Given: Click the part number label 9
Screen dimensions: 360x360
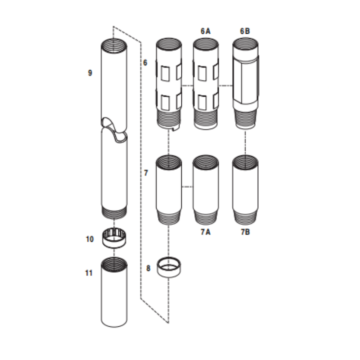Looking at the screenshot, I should point(90,72).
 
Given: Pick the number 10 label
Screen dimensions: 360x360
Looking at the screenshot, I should point(90,239).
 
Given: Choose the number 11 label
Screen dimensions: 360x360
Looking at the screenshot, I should point(89,273).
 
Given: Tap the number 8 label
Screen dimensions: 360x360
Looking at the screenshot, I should point(148,268).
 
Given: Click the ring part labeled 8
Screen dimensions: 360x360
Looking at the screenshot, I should point(169,268).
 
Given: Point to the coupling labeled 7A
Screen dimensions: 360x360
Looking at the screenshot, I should point(206,189).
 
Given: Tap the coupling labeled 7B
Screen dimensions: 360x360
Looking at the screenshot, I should point(245,189).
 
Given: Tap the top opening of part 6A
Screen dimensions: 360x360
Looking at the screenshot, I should point(206,44).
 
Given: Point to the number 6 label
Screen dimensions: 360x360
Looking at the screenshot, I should point(145,63).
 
